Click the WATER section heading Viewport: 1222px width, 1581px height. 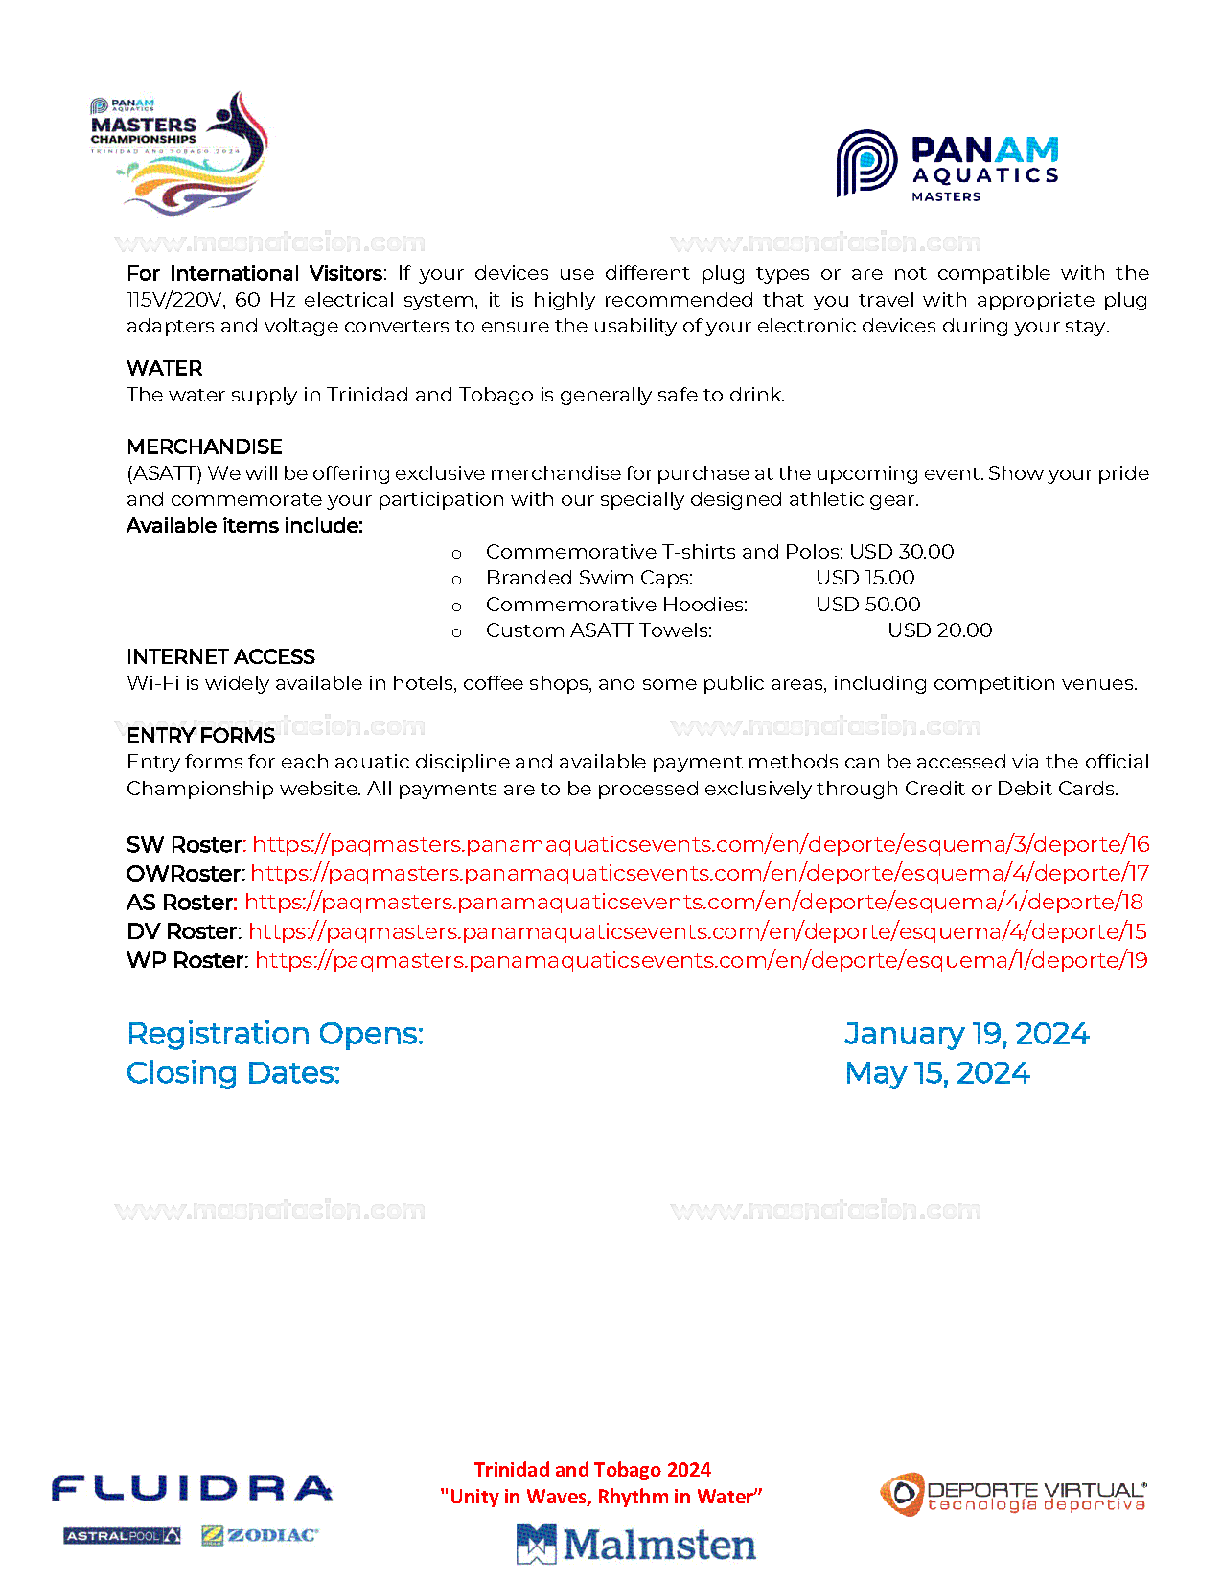pyautogui.click(x=165, y=369)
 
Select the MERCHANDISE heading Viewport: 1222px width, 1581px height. pyautogui.click(x=204, y=447)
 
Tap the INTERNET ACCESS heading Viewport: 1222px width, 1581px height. pyautogui.click(x=220, y=657)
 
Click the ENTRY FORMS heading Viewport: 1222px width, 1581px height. pyautogui.click(x=200, y=736)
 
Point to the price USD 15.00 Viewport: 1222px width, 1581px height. pyautogui.click(x=865, y=578)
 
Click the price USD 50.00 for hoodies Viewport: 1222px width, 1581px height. pyautogui.click(x=868, y=605)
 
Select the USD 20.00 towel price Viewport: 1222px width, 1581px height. pyautogui.click(x=940, y=630)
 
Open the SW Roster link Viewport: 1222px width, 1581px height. pyautogui.click(x=701, y=845)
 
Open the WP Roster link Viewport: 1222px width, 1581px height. pyautogui.click(x=701, y=960)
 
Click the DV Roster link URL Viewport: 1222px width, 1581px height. pyautogui.click(x=697, y=931)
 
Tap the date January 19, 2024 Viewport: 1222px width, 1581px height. pyautogui.click(x=966, y=1034)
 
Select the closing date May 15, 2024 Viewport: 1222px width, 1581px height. pyautogui.click(x=937, y=1073)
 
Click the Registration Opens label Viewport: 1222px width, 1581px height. pyautogui.click(x=275, y=1034)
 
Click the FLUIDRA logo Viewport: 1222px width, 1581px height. pyautogui.click(x=192, y=1488)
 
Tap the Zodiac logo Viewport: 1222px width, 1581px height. pyautogui.click(x=260, y=1536)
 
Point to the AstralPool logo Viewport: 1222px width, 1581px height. pyautogui.click(x=122, y=1536)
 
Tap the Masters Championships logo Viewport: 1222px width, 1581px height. pyautogui.click(x=179, y=153)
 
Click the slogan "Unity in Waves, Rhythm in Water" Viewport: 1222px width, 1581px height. pyautogui.click(x=601, y=1497)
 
